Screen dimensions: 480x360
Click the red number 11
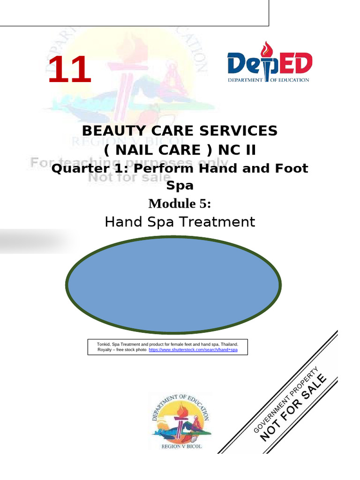(x=69, y=70)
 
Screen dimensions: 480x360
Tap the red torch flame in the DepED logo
(x=267, y=48)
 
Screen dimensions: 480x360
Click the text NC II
(x=234, y=150)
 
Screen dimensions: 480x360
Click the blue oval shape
(x=174, y=286)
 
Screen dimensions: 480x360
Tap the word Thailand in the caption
(x=228, y=344)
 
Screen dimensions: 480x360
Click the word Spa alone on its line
(x=180, y=185)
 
